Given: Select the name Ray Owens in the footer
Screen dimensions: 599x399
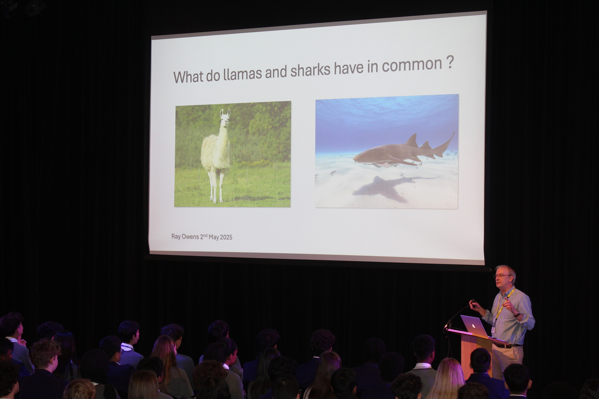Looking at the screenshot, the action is click(185, 236).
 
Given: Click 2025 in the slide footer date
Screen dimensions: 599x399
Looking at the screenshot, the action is click(226, 237).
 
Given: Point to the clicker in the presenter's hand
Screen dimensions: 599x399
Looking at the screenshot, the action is click(474, 301).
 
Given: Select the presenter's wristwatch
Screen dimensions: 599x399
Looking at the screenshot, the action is click(517, 314).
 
